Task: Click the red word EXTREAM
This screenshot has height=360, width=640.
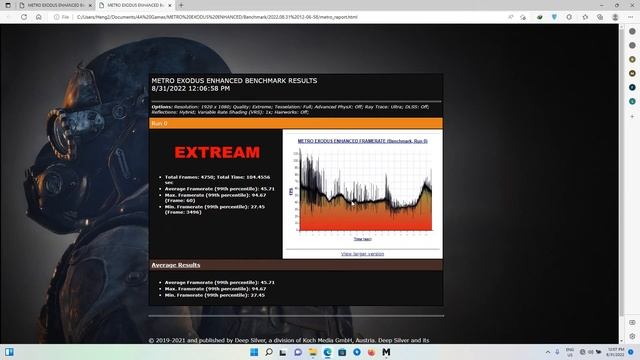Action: pyautogui.click(x=217, y=153)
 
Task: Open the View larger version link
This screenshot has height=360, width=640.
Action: pyautogui.click(x=362, y=253)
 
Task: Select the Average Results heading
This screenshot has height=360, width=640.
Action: pyautogui.click(x=175, y=265)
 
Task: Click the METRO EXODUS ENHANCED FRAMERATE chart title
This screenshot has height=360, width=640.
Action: pyautogui.click(x=362, y=141)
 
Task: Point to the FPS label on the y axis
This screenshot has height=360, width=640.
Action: pyautogui.click(x=291, y=190)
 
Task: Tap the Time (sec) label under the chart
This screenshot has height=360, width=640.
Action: pyautogui.click(x=362, y=240)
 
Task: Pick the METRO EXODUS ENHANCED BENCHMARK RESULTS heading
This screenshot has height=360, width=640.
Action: pyautogui.click(x=233, y=79)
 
